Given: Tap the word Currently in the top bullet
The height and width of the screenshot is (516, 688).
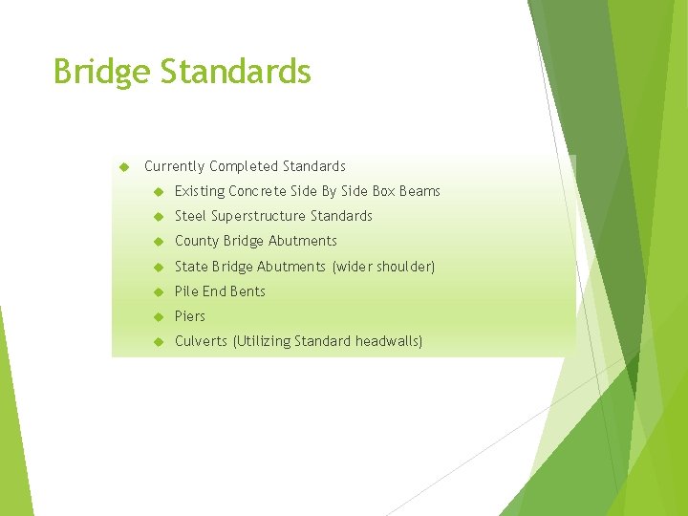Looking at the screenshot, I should (x=175, y=166).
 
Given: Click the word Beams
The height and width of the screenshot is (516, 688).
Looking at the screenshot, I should (x=420, y=191).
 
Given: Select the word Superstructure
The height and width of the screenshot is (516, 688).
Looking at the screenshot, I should (x=259, y=216).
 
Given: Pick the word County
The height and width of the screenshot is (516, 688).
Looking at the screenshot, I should (x=197, y=241).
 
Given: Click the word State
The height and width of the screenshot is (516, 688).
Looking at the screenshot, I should (x=191, y=267).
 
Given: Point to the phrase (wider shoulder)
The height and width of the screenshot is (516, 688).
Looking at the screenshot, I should (x=383, y=267).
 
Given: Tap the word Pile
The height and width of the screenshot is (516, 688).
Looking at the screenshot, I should (x=186, y=291).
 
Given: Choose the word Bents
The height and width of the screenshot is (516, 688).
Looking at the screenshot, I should (x=247, y=291).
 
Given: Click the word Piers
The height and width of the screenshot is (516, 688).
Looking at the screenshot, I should (x=190, y=316).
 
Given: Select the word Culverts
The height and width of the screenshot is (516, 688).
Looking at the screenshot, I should (x=202, y=341).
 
